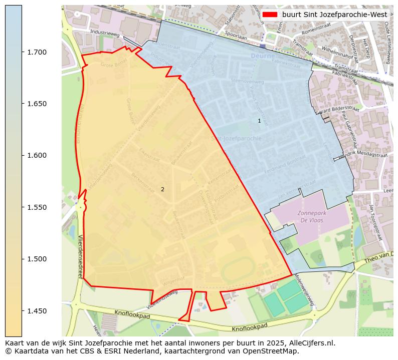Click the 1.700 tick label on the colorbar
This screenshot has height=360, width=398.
coord(36,52)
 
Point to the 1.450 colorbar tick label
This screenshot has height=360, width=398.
coord(36,311)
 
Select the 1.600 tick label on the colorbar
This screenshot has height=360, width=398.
coord(36,155)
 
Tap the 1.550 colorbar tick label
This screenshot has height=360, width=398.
coord(36,207)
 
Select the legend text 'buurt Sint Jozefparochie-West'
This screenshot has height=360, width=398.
coord(334,15)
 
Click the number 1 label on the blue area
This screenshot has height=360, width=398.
coord(259,121)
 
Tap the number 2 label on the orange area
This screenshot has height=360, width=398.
coord(162,189)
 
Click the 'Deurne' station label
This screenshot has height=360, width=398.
coord(261,57)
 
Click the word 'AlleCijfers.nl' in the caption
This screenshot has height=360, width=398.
coord(311,343)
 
